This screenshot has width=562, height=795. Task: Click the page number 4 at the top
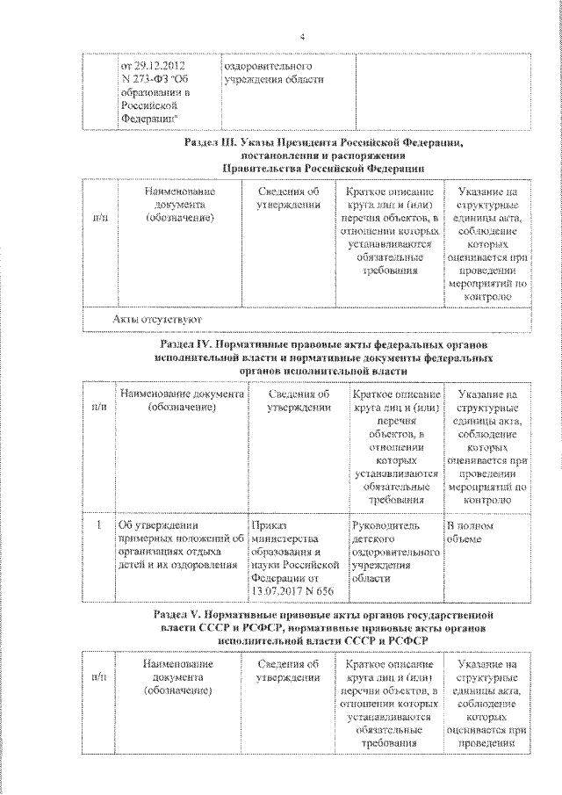click(x=301, y=37)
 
